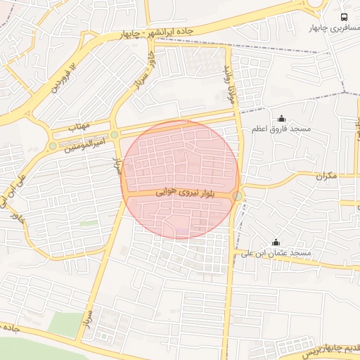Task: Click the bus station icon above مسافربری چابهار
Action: click(344, 16)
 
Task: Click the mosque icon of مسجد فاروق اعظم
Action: click(282, 118)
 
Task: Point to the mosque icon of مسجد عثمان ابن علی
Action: click(276, 241)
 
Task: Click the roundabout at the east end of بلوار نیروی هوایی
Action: click(238, 196)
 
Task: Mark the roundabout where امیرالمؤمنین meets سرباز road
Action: click(115, 134)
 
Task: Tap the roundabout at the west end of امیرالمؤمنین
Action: click(52, 146)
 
